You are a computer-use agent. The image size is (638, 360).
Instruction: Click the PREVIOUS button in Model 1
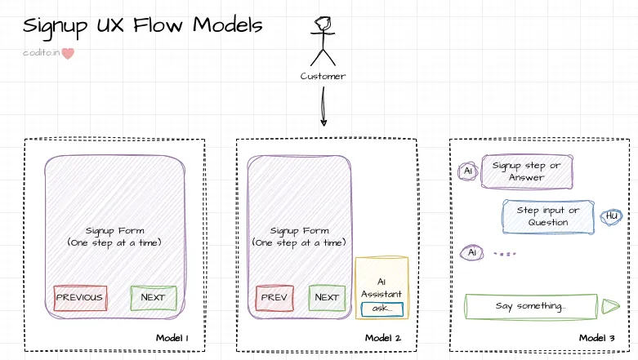point(79,297)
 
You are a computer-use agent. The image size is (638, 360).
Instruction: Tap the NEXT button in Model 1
point(153,297)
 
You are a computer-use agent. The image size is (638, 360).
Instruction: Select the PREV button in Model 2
point(274,297)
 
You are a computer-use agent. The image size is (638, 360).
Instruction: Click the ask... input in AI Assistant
point(381,309)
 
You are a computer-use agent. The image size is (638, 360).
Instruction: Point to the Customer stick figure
point(323,41)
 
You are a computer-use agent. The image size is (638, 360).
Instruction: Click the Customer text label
point(323,76)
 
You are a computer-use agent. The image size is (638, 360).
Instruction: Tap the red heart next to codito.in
point(69,53)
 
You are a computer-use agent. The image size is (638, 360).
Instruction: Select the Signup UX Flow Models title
point(143,26)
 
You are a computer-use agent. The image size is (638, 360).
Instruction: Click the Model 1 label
point(172,338)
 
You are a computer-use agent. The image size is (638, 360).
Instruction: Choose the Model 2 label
point(383,338)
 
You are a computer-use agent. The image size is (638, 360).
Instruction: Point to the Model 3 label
point(597,338)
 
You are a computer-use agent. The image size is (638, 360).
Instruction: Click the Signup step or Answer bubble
point(527,171)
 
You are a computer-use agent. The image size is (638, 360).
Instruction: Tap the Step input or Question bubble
point(547,216)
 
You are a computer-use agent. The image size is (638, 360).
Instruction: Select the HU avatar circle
point(611,216)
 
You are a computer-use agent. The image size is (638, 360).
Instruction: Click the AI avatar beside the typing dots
point(471,253)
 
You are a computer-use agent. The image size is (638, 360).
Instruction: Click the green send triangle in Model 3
point(610,306)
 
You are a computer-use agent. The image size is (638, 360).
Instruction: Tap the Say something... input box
point(530,306)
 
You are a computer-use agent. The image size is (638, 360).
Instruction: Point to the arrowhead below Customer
point(323,122)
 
